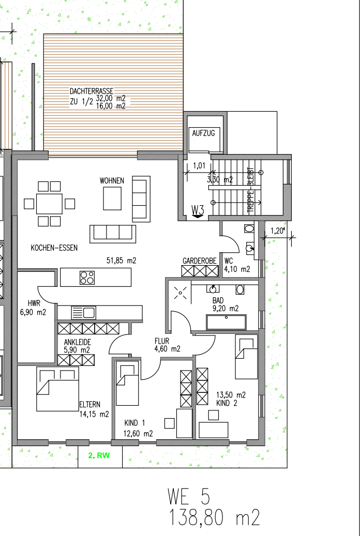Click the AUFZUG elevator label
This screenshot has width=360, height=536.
[x=203, y=133]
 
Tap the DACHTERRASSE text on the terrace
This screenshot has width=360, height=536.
[x=92, y=91]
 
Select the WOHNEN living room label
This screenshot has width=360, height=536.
[x=112, y=180]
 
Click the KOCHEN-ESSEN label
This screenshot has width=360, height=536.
[x=54, y=248]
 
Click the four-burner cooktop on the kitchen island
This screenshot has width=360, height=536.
[x=87, y=278]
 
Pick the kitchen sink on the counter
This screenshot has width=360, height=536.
[x=83, y=312]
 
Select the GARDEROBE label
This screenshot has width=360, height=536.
[x=199, y=261]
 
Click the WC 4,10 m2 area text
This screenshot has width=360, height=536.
[x=237, y=269]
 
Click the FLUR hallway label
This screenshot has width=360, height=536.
[x=162, y=341]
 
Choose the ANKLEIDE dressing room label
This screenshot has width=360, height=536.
[x=77, y=342]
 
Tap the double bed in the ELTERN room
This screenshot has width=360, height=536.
[x=57, y=389]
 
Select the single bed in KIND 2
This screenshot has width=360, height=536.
[x=246, y=357]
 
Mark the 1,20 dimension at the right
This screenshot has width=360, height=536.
[x=278, y=231]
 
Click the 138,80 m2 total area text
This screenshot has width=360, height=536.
[x=214, y=518]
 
